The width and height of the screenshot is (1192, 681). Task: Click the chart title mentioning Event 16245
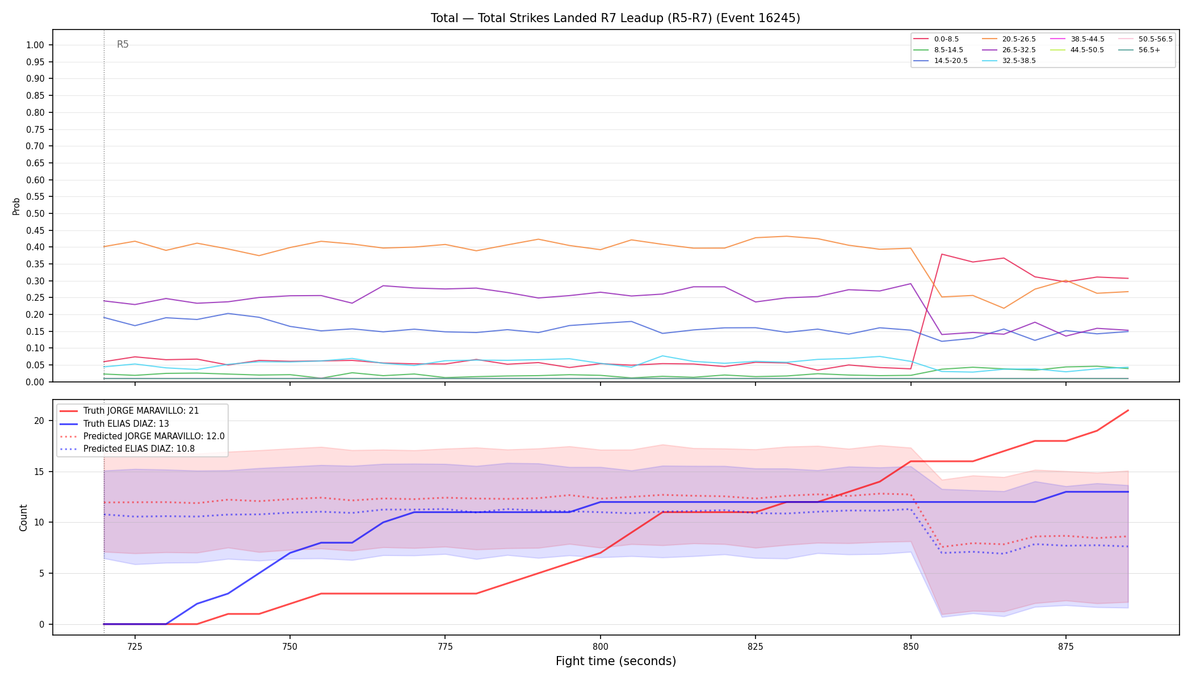(x=615, y=18)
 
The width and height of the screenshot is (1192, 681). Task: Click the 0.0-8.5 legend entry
(x=936, y=39)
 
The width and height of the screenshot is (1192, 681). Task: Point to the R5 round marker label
(x=123, y=44)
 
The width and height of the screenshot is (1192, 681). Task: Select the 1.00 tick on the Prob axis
(x=35, y=45)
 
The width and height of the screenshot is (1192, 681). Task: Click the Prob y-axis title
(x=16, y=206)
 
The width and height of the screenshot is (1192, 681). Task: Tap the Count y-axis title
(x=23, y=518)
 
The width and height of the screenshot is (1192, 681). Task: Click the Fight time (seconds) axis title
(x=616, y=661)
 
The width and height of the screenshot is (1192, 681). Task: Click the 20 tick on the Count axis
(x=39, y=421)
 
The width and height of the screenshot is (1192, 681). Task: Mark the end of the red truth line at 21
(x=1128, y=410)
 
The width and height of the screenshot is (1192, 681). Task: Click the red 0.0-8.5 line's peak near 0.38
(x=942, y=254)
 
